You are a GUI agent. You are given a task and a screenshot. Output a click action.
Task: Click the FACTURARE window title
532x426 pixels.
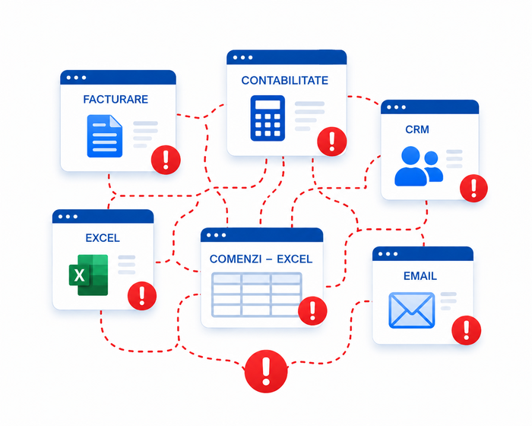pos(116,99)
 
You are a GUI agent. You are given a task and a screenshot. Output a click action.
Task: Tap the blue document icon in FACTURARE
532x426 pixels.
pos(105,136)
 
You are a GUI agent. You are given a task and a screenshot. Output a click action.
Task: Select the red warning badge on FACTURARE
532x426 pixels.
pos(166,160)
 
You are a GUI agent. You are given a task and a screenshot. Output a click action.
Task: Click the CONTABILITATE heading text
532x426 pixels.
pos(285,80)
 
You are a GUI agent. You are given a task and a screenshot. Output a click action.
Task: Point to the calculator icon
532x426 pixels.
pos(268,118)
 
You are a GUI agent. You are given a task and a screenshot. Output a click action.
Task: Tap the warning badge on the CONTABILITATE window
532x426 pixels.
pos(332,141)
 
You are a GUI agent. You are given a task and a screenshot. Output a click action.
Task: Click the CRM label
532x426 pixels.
pos(417,129)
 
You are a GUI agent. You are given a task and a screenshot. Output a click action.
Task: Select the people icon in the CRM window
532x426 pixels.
pos(419,166)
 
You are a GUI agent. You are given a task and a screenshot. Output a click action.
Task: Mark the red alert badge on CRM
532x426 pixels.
pos(473,188)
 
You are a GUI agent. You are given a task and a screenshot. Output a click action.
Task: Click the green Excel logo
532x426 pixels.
pos(89,275)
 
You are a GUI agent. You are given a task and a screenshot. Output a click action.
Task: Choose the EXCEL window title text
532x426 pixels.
pos(103,238)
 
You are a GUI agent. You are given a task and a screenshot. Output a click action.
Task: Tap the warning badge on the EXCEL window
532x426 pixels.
pos(142,296)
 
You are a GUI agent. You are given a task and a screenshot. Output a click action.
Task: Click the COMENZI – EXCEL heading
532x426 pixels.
pos(261,259)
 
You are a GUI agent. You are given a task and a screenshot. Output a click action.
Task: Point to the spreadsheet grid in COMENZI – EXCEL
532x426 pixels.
pos(257,294)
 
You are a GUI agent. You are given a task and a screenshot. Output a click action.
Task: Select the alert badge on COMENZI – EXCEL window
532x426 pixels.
pos(312,310)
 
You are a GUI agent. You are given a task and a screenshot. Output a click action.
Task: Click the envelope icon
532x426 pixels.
pos(412,310)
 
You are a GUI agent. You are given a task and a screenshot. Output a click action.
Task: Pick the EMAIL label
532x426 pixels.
pos(420,276)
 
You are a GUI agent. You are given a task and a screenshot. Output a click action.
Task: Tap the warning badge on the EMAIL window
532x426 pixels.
pos(466,330)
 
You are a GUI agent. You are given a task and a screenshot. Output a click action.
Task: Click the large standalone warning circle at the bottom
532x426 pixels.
pos(266,371)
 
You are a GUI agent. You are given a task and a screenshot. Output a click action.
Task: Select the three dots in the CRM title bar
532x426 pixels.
pos(396,107)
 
